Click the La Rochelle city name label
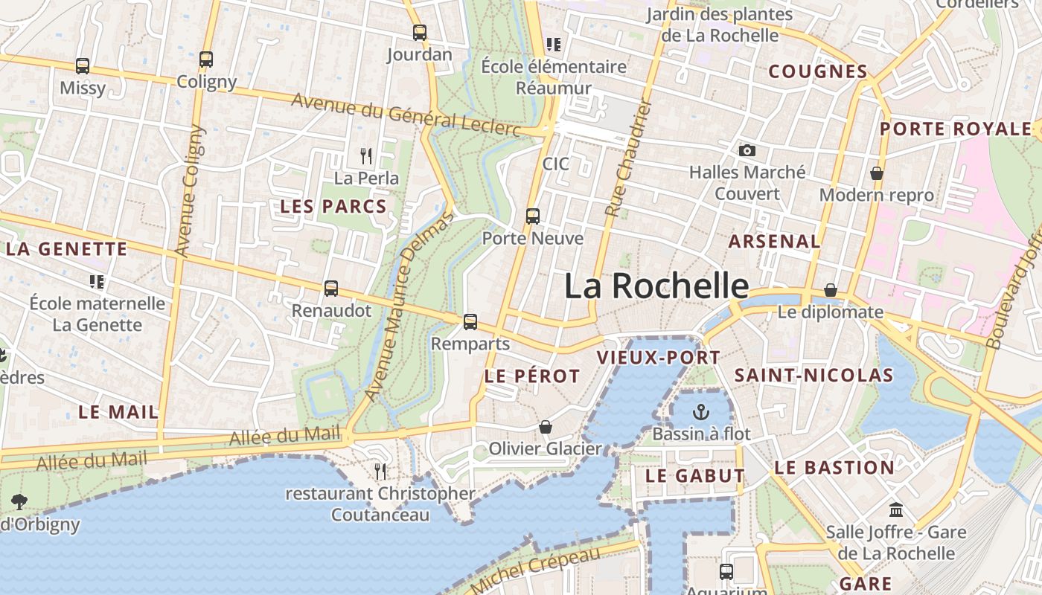coord(656,286)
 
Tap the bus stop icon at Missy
coord(83,66)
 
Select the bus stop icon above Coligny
coord(206,59)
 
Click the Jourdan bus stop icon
coord(420,33)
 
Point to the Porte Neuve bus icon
coord(533,216)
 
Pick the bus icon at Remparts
coord(470,322)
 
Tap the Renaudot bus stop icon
coord(331,289)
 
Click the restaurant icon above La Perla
coord(366,156)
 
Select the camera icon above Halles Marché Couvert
coord(747,151)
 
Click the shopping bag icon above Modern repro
coord(877,173)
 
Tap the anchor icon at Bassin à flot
coord(701,412)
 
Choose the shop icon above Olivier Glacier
coord(546,427)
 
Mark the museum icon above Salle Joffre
coord(896,510)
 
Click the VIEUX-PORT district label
coord(659,358)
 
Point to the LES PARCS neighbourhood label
coord(333,207)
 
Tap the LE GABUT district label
coord(695,476)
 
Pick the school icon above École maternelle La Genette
coord(97,282)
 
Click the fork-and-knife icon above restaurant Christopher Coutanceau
coord(380,472)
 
